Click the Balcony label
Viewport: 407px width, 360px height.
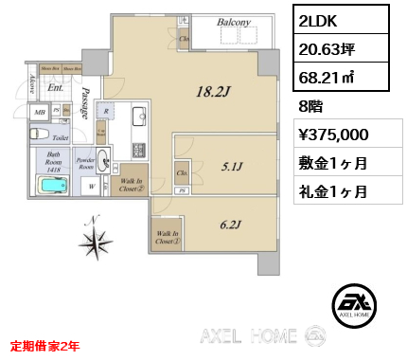233,22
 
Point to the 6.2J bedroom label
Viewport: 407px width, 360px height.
231,225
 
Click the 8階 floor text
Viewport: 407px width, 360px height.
310,107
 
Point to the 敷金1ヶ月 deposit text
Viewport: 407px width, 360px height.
332,162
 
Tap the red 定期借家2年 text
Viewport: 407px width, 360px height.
44,347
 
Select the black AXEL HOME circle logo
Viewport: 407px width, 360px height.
358,304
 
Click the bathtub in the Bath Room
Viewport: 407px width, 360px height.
54,183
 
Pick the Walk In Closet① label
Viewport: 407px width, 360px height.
166,237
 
